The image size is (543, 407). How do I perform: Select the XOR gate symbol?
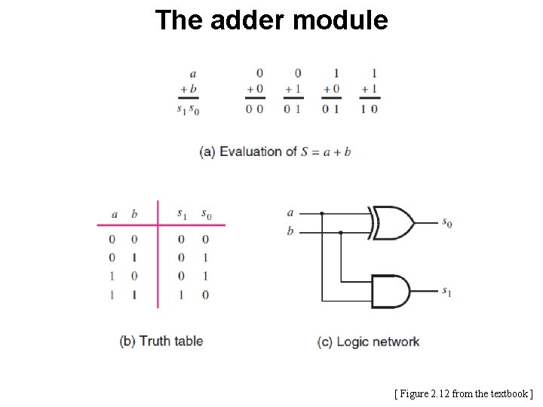pyautogui.click(x=392, y=222)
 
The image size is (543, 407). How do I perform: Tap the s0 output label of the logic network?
pyautogui.click(x=447, y=223)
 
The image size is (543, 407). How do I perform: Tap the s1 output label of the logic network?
pyautogui.click(x=447, y=291)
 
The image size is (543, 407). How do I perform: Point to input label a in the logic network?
pyautogui.click(x=290, y=213)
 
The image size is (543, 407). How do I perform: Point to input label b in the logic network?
pyautogui.click(x=290, y=231)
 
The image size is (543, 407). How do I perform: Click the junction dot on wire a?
pyautogui.click(x=322, y=213)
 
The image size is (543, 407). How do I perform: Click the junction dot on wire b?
pyautogui.click(x=341, y=232)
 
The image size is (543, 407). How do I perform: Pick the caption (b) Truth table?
pyautogui.click(x=161, y=341)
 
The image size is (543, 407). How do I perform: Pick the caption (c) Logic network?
pyautogui.click(x=368, y=341)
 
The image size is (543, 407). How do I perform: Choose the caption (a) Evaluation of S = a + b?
pyautogui.click(x=275, y=151)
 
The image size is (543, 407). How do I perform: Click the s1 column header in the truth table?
pyautogui.click(x=181, y=214)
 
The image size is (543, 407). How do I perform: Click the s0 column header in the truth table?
pyautogui.click(x=206, y=214)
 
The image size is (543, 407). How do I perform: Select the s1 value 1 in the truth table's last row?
pyautogui.click(x=181, y=295)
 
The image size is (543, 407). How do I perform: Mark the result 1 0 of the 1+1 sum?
pyautogui.click(x=369, y=109)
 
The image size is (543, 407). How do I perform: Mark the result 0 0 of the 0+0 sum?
pyautogui.click(x=255, y=109)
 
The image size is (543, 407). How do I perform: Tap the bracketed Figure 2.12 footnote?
pyautogui.click(x=463, y=393)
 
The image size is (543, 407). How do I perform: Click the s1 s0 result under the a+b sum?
pyautogui.click(x=188, y=109)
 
